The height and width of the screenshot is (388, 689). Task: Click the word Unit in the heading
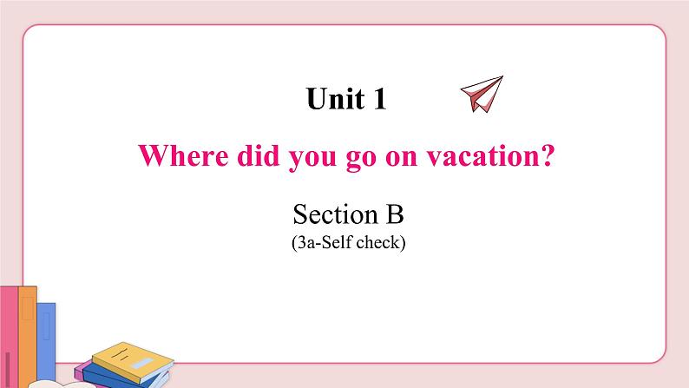click(x=335, y=99)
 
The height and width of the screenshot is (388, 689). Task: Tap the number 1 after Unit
click(x=378, y=99)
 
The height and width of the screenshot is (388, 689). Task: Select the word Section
click(x=331, y=214)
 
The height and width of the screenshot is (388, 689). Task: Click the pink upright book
click(x=8, y=334)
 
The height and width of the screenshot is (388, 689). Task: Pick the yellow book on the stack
click(x=130, y=357)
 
